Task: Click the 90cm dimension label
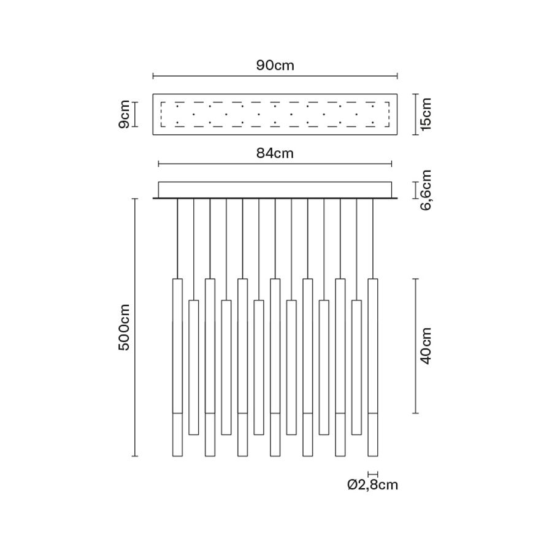[275, 66]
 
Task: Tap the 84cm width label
[275, 153]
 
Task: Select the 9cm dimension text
[125, 115]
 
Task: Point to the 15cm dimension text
[426, 115]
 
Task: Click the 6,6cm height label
[426, 190]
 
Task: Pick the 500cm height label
[125, 328]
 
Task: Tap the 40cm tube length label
[426, 346]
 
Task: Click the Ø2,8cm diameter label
[372, 485]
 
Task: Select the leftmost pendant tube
[177, 367]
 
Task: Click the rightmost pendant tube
[373, 367]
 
